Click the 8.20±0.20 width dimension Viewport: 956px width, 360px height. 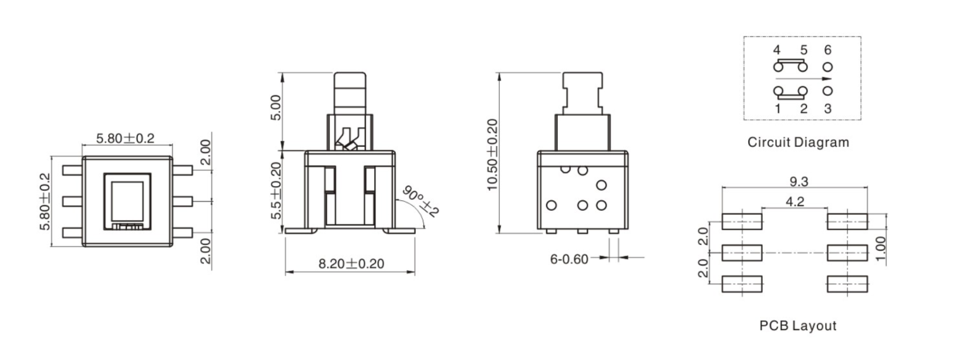[x=351, y=264]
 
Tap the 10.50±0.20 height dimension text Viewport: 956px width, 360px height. [x=493, y=154]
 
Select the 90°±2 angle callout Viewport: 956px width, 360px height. [x=420, y=201]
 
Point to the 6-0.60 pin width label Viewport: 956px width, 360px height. [x=569, y=259]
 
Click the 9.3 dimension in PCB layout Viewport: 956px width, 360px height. [x=799, y=181]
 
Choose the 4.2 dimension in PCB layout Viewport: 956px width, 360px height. [x=795, y=201]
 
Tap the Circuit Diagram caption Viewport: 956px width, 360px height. [x=798, y=142]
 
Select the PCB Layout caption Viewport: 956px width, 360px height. [x=797, y=325]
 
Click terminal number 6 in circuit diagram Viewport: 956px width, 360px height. [x=827, y=50]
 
